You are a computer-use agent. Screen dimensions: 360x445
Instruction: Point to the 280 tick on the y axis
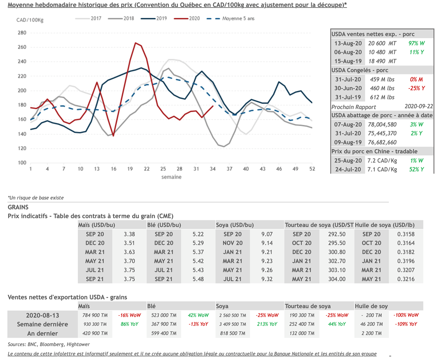[x=22, y=33]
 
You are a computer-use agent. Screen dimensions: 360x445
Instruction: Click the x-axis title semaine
[x=171, y=177]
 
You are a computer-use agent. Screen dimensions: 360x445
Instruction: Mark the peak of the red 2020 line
[x=136, y=43]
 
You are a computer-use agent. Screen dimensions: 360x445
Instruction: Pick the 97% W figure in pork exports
[x=416, y=43]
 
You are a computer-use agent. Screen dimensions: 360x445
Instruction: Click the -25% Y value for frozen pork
[x=416, y=88]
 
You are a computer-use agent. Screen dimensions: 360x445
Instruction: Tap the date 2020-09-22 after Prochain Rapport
[x=418, y=107]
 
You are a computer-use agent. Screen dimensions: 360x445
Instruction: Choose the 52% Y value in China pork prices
[x=416, y=170]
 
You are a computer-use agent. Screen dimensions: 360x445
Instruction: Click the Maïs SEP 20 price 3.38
[x=130, y=234]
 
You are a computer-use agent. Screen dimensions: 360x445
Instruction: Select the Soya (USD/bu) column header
[x=235, y=225]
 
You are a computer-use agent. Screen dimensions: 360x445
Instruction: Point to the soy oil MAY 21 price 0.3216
[x=405, y=279]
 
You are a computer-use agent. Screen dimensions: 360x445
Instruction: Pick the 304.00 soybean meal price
[x=337, y=279]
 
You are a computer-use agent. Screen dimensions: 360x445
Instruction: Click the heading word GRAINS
[x=18, y=207]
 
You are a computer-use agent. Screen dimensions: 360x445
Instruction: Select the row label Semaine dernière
[x=43, y=324]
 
